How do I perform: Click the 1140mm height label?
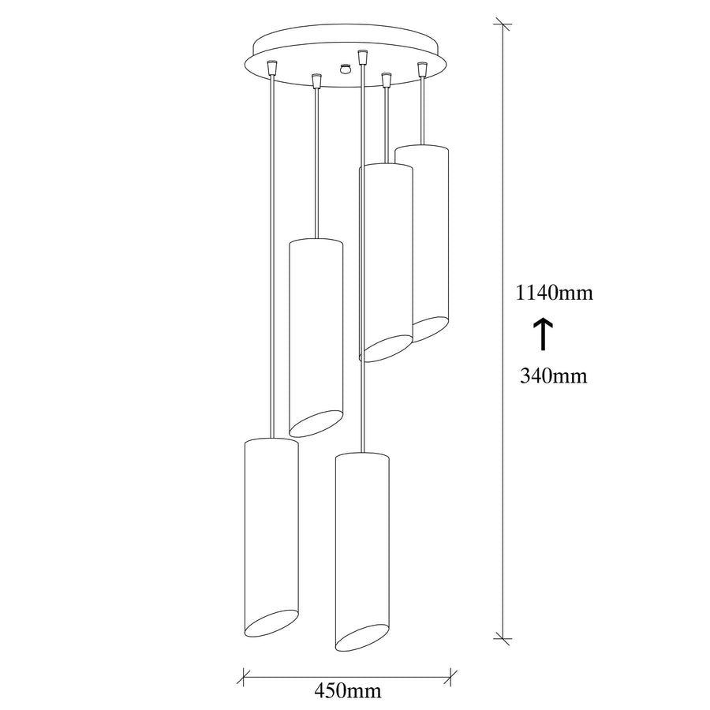point(555,293)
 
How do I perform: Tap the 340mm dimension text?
point(553,376)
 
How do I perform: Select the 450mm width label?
point(348,691)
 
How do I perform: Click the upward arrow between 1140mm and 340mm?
point(543,334)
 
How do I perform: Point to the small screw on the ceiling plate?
point(346,69)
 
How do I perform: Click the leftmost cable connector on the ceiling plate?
point(271,67)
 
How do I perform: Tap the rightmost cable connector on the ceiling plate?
point(423,69)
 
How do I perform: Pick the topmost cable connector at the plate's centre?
point(361,57)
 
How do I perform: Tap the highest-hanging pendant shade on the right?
point(422,243)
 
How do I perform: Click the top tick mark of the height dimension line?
point(503,24)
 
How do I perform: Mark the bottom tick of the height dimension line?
point(503,637)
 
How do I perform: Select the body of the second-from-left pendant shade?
point(316,338)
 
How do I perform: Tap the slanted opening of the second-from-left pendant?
point(316,424)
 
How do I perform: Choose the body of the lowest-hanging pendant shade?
point(362,551)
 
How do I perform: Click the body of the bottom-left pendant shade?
point(271,537)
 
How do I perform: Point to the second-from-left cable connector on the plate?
point(316,81)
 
